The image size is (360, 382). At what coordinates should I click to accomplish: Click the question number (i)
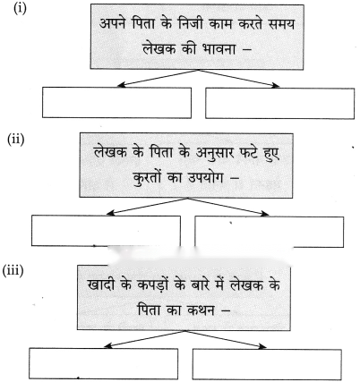[x=20, y=8]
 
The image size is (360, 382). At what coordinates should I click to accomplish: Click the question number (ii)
[x=16, y=140]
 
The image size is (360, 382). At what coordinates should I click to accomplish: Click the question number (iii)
[x=13, y=271]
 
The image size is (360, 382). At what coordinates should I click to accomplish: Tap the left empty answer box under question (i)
[x=116, y=103]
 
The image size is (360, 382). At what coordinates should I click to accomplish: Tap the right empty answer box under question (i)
[x=280, y=103]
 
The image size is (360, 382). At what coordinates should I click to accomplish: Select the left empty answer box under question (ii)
[x=106, y=231]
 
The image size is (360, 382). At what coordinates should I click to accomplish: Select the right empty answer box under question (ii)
[x=270, y=232]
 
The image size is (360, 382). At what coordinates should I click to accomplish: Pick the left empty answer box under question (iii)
[x=104, y=363]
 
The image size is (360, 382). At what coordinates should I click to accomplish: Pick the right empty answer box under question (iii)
[x=267, y=364]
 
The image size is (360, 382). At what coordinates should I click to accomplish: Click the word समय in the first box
[x=281, y=24]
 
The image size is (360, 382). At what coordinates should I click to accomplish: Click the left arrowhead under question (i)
[x=120, y=86]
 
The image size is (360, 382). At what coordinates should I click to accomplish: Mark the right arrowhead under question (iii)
[x=262, y=346]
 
